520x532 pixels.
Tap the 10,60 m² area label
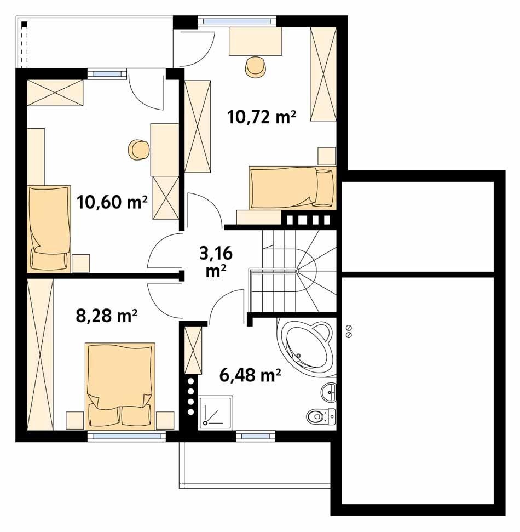[112, 202]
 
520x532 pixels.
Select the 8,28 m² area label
[106, 316]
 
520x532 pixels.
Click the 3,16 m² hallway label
[216, 261]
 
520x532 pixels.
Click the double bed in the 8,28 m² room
[120, 384]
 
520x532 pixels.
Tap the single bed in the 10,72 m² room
[291, 188]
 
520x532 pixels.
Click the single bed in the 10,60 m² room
[49, 227]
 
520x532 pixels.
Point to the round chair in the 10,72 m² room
[256, 67]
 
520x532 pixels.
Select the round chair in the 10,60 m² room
[138, 150]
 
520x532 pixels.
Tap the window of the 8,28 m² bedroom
[126, 436]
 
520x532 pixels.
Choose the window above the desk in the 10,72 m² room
[236, 21]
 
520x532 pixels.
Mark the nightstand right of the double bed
[164, 420]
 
